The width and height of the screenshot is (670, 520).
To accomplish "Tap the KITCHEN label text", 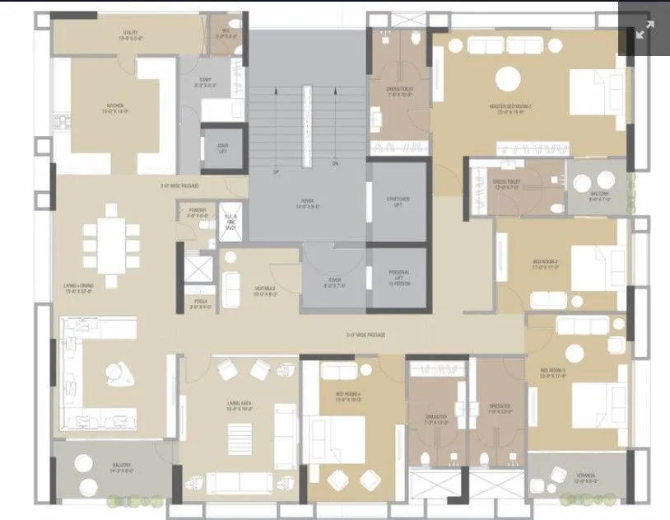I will [114, 106].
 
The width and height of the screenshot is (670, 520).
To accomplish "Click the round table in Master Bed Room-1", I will [508, 79].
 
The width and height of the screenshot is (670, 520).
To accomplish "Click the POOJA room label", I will [200, 306].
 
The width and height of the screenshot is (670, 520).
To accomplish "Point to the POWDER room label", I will [198, 212].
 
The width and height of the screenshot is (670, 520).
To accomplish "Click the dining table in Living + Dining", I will [108, 238].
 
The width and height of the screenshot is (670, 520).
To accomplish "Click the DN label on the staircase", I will [335, 162].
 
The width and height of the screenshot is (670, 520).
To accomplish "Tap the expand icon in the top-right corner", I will [644, 30].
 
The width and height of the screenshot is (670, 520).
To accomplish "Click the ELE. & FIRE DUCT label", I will [231, 219].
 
